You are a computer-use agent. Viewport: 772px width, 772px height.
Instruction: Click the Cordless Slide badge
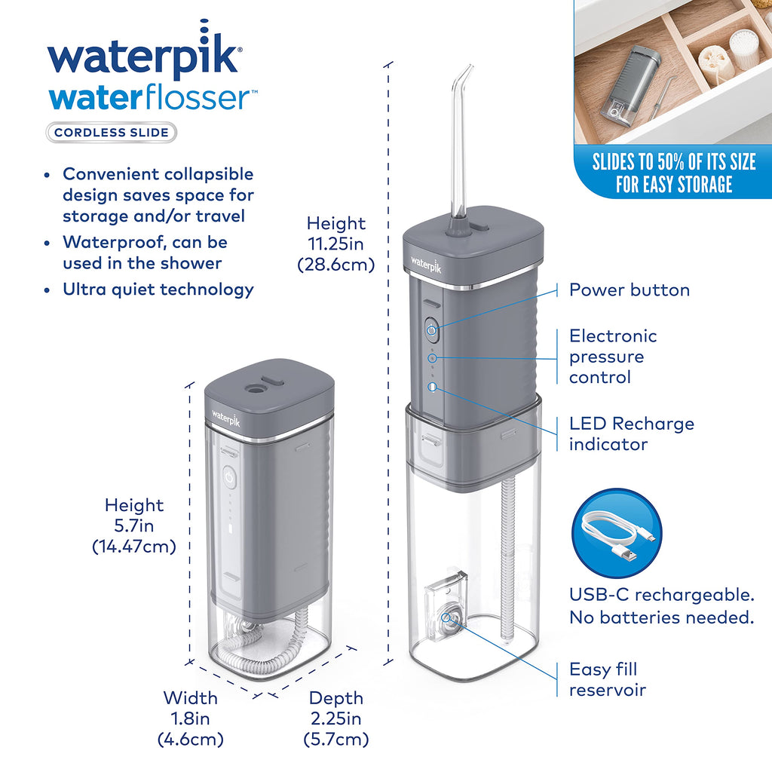(x=112, y=133)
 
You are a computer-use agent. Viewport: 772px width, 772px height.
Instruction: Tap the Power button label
(x=630, y=290)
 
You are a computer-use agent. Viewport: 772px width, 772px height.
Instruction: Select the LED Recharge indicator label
(x=632, y=433)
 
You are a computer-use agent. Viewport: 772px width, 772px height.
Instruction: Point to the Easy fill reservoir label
(x=607, y=679)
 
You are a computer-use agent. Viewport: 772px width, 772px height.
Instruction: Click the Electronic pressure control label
(x=613, y=357)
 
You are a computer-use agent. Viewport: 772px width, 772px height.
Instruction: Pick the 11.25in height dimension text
(x=336, y=244)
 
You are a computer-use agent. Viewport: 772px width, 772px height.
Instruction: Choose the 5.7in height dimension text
(x=134, y=525)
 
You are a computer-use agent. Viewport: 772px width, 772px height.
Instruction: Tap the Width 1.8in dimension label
(x=191, y=718)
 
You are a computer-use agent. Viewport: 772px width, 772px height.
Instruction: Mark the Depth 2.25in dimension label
(x=336, y=718)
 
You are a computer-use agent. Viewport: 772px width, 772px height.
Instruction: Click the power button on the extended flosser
(x=431, y=330)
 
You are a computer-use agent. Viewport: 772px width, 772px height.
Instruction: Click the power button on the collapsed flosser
(x=229, y=477)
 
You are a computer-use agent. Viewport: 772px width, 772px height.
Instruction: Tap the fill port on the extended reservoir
(x=446, y=617)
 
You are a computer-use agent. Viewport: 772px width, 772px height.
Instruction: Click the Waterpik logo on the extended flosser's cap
(x=427, y=265)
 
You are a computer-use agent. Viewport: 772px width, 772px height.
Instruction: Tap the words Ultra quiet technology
(x=158, y=289)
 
